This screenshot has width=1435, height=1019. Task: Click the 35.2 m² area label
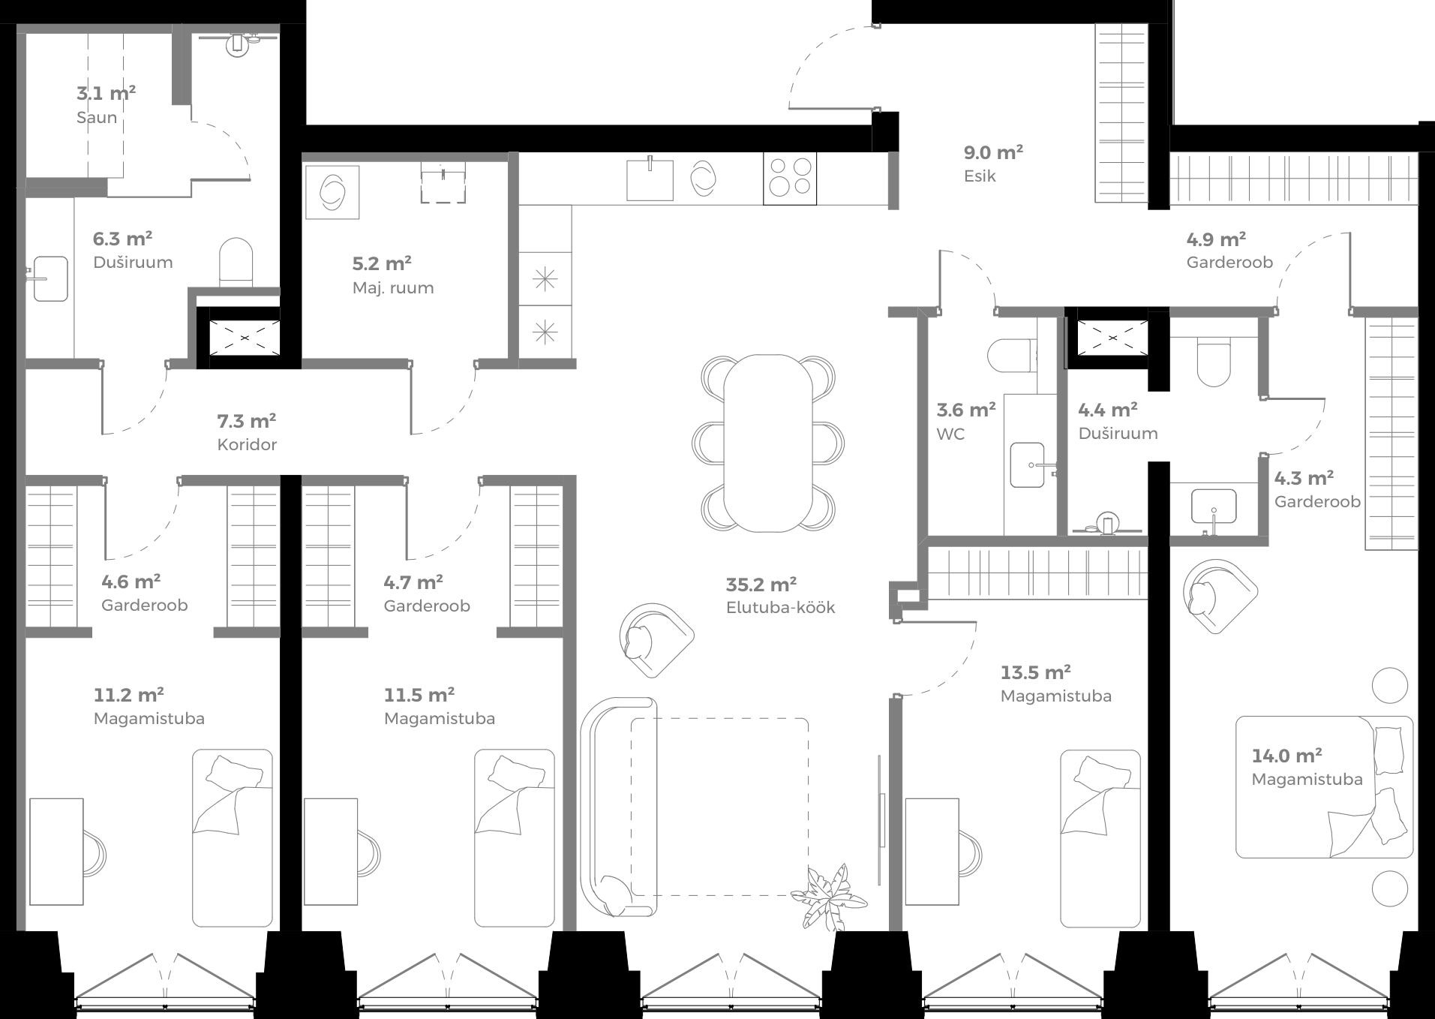tap(761, 585)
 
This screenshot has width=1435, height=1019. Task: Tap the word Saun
tap(97, 118)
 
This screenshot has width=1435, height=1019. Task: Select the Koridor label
tap(247, 445)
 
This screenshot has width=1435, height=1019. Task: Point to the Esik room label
tap(980, 176)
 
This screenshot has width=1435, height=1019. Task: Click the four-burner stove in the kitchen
tap(790, 178)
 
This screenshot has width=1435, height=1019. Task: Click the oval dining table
tap(767, 443)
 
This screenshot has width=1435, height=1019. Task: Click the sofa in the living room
tap(618, 807)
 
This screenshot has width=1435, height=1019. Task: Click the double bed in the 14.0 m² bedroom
tap(1324, 787)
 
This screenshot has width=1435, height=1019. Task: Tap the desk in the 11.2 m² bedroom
tap(56, 852)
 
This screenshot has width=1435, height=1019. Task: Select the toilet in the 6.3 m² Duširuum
tap(236, 261)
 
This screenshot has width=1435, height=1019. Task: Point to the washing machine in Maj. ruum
tap(332, 192)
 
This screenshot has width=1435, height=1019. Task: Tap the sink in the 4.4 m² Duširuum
tap(1213, 506)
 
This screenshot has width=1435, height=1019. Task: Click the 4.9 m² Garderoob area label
tap(1216, 240)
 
